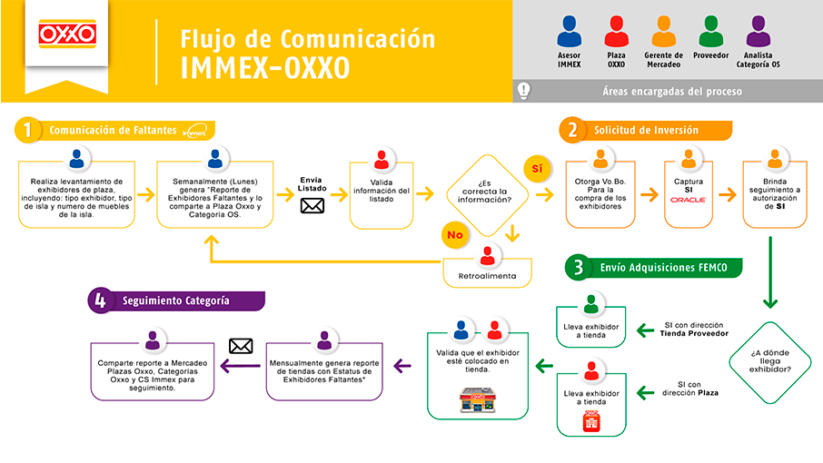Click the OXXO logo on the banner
[x=67, y=34]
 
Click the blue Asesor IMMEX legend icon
[x=569, y=31]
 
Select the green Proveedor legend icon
[x=710, y=31]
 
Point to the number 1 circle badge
[x=28, y=130]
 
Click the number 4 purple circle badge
[x=100, y=300]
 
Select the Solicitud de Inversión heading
[x=646, y=130]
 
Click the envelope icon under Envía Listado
[x=312, y=206]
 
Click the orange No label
[x=453, y=235]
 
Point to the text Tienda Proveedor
[x=694, y=333]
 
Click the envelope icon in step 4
[x=240, y=346]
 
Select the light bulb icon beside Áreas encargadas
[x=523, y=91]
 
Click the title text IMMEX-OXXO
[x=263, y=67]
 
